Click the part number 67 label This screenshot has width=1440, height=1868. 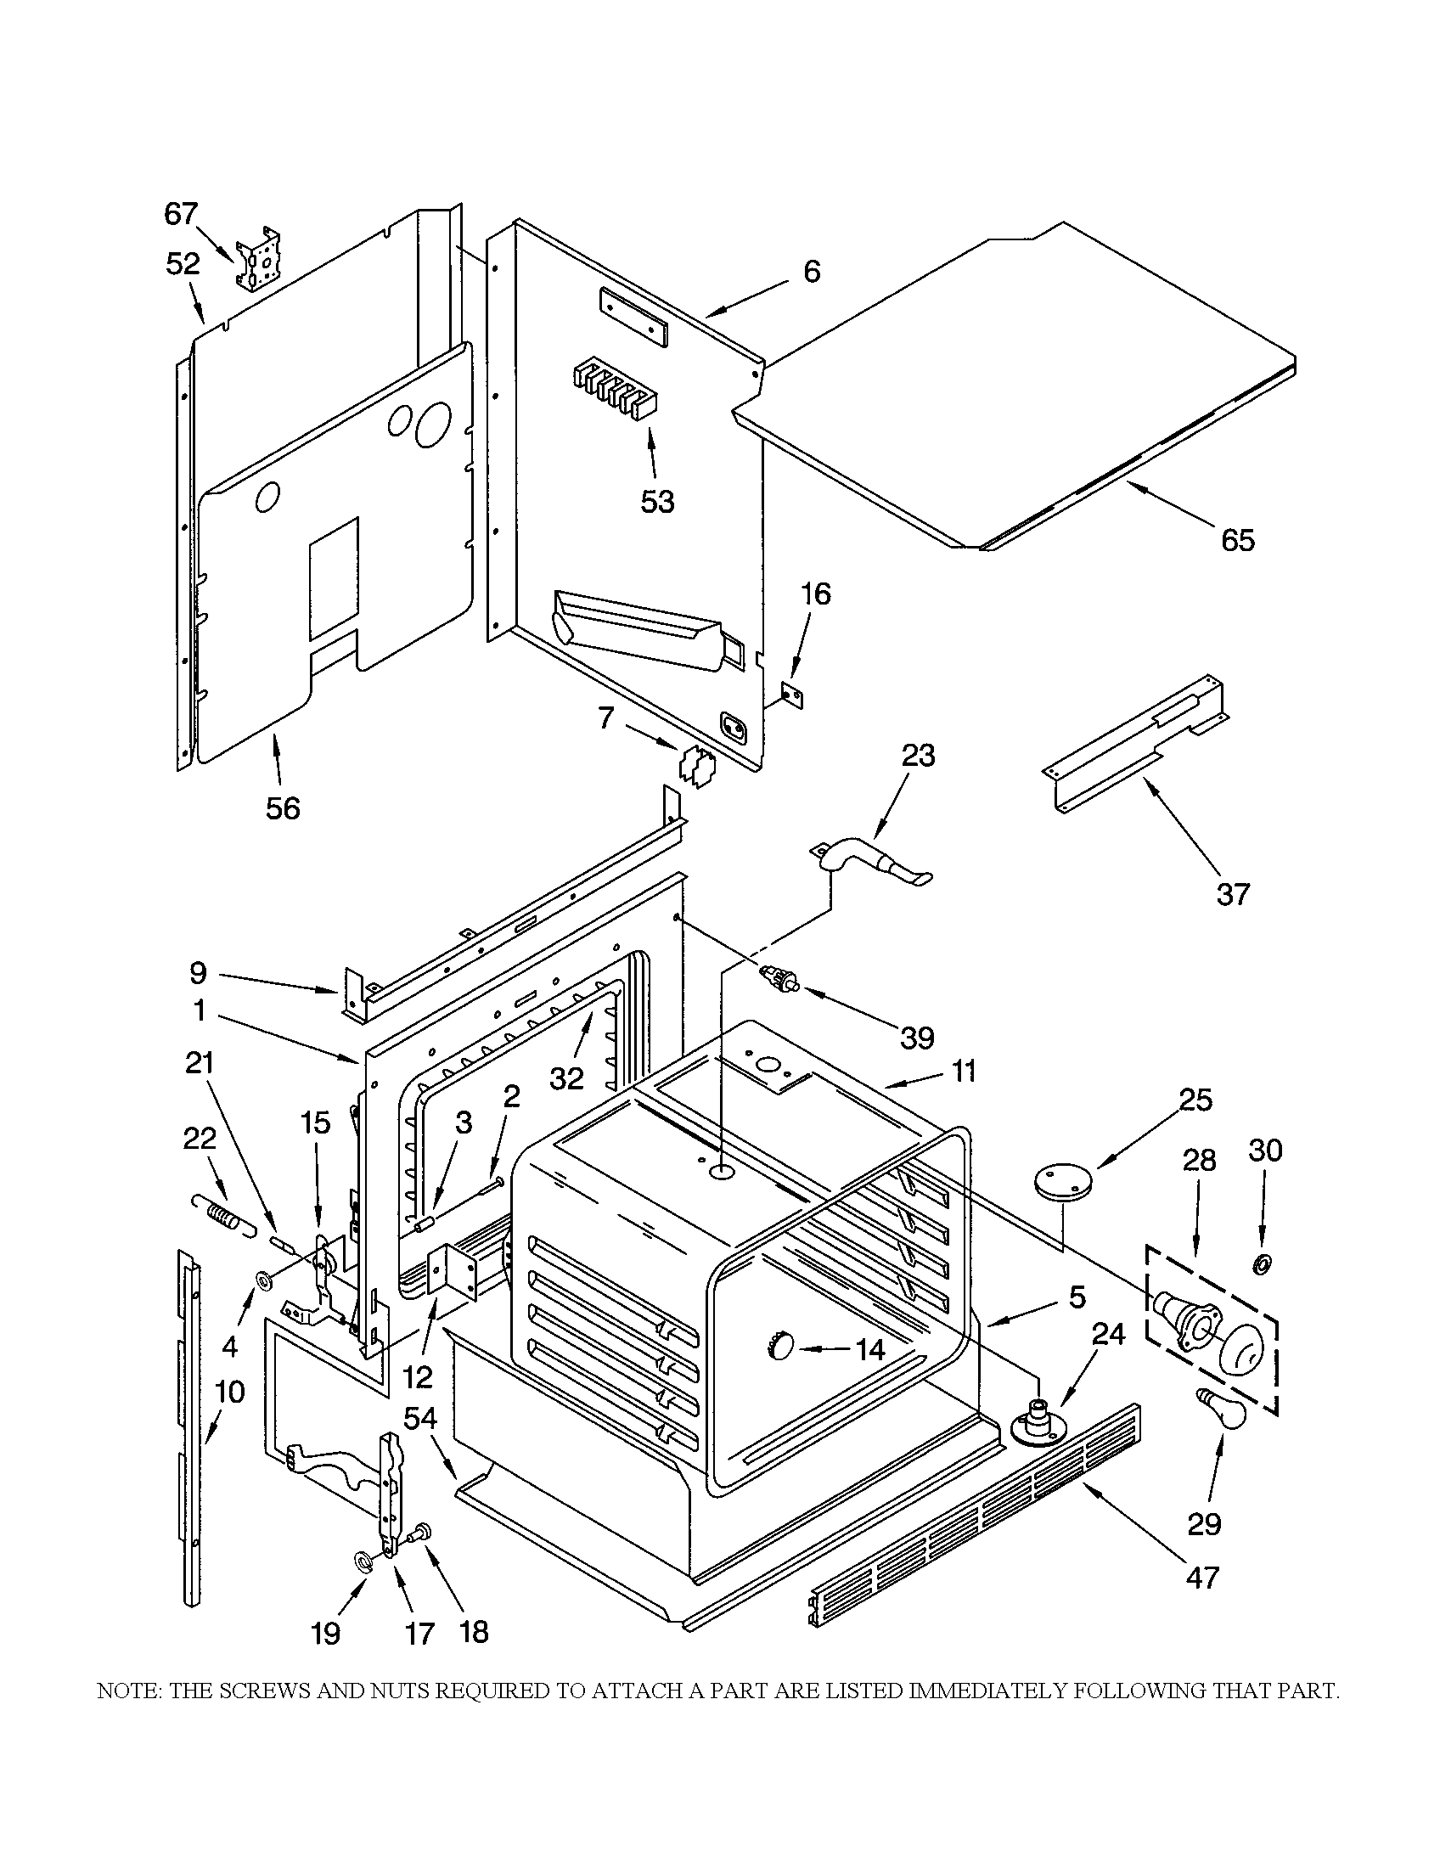(181, 213)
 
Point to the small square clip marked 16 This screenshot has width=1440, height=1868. (793, 698)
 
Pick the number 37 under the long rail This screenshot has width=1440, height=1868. (1232, 895)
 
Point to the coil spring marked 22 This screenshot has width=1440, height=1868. (222, 1214)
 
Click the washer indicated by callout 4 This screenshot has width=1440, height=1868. (264, 1280)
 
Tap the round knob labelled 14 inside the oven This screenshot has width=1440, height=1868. (782, 1347)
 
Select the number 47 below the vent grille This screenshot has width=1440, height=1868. (1201, 1577)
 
